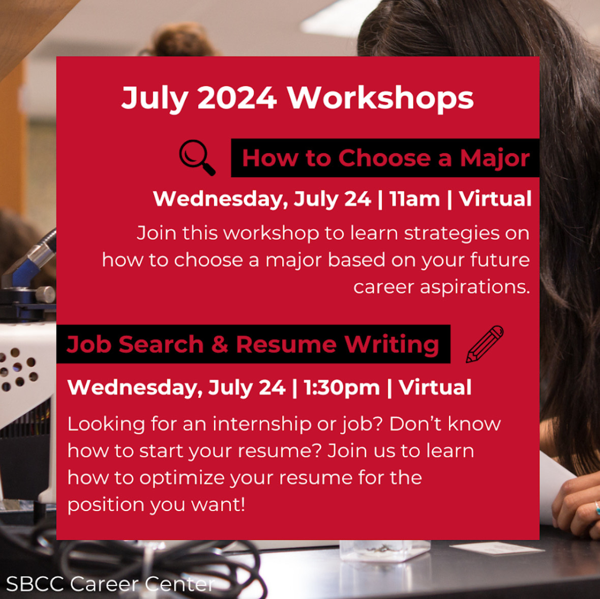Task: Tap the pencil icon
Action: [485, 344]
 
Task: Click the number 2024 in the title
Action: [237, 98]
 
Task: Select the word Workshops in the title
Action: [380, 99]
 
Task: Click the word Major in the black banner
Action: [495, 159]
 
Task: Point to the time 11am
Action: [414, 199]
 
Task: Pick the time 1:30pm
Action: [341, 388]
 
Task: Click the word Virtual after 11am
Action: [495, 199]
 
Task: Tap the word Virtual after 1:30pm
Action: [435, 387]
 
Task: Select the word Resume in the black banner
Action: [286, 345]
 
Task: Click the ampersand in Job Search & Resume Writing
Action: [220, 345]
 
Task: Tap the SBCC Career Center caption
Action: [110, 584]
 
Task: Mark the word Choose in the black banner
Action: [384, 158]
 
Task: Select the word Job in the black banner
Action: [91, 345]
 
